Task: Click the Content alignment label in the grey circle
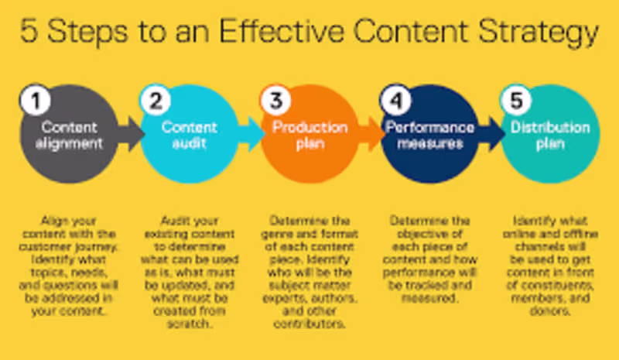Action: (x=69, y=135)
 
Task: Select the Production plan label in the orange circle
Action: (x=309, y=135)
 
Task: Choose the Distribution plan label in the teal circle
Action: (x=549, y=135)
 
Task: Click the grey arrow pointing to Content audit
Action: (x=132, y=134)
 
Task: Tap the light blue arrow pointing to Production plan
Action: (x=252, y=134)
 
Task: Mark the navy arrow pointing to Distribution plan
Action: (x=493, y=134)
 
